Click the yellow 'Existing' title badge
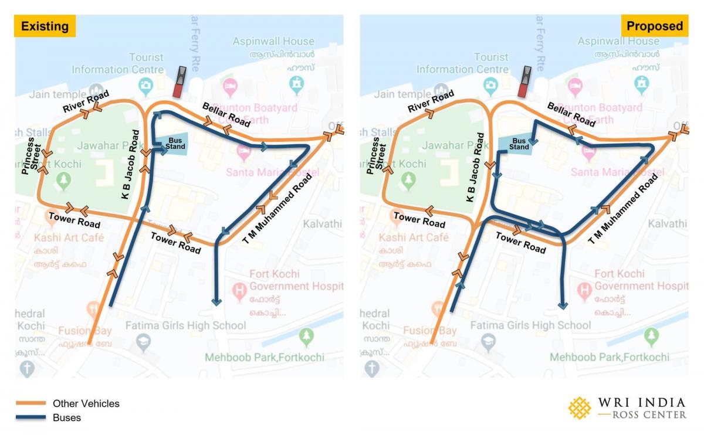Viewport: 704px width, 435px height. pos(45,26)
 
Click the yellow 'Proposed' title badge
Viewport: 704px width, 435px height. pos(654,26)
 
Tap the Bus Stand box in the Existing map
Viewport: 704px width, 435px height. pos(174,144)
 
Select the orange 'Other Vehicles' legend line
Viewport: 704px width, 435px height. pos(31,403)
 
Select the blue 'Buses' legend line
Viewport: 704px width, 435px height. pos(31,417)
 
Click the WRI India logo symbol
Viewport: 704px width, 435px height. pos(580,408)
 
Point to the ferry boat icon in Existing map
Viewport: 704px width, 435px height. pos(181,81)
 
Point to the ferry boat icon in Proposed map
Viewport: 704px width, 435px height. pos(526,81)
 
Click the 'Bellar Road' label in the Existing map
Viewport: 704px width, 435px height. pos(226,114)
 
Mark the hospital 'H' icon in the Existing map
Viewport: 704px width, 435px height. pos(239,290)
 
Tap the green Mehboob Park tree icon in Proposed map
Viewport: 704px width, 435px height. pos(651,337)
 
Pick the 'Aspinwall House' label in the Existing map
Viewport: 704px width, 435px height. pos(273,42)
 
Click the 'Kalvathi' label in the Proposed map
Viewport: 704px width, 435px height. pos(667,223)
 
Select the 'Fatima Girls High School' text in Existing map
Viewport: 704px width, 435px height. pos(186,325)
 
